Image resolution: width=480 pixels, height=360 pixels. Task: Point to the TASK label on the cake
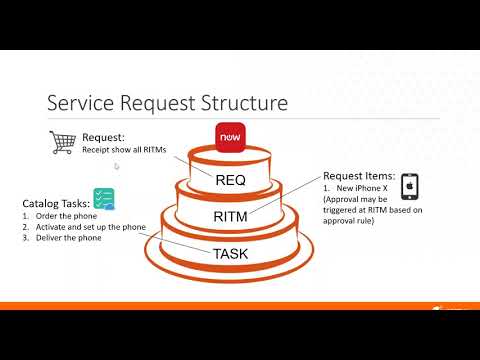tap(231, 254)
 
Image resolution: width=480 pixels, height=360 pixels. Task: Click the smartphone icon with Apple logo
tap(409, 187)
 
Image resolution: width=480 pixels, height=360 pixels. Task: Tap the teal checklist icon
tap(103, 198)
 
